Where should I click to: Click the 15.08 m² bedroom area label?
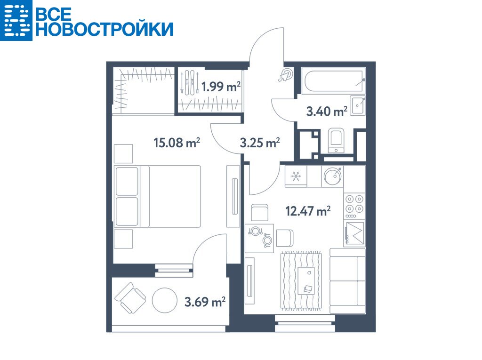(x=177, y=143)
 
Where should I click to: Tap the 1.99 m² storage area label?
(x=221, y=87)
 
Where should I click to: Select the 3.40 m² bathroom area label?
(x=327, y=111)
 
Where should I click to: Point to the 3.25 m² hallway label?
(x=260, y=143)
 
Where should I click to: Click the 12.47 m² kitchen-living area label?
(x=308, y=211)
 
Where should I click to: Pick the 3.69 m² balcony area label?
(x=205, y=302)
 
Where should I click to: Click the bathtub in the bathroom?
(x=333, y=81)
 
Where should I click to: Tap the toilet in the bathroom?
(x=336, y=141)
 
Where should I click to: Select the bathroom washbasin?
(x=358, y=105)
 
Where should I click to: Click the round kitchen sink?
(x=333, y=176)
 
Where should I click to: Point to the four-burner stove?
(x=354, y=206)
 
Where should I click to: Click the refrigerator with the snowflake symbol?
(x=296, y=176)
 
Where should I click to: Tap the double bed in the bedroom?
(x=157, y=196)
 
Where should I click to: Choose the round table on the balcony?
(x=164, y=300)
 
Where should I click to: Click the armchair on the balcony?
(x=130, y=297)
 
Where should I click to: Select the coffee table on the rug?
(x=306, y=280)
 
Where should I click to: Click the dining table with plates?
(x=259, y=238)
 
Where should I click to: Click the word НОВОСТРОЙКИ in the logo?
(x=104, y=30)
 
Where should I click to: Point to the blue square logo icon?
(x=16, y=20)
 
